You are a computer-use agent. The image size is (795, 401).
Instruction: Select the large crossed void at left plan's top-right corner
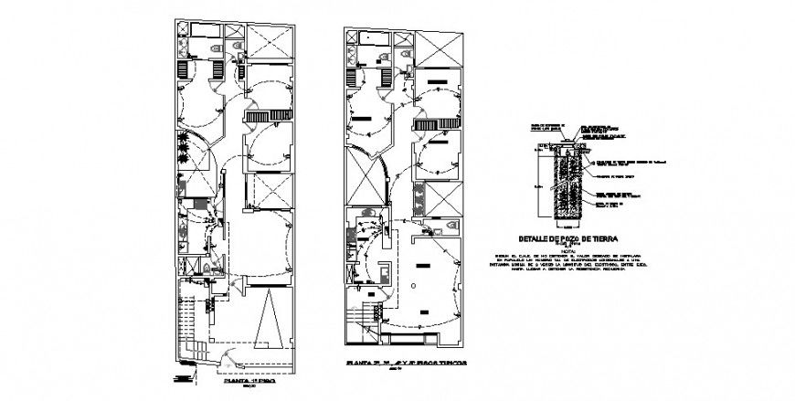coord(270,41)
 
